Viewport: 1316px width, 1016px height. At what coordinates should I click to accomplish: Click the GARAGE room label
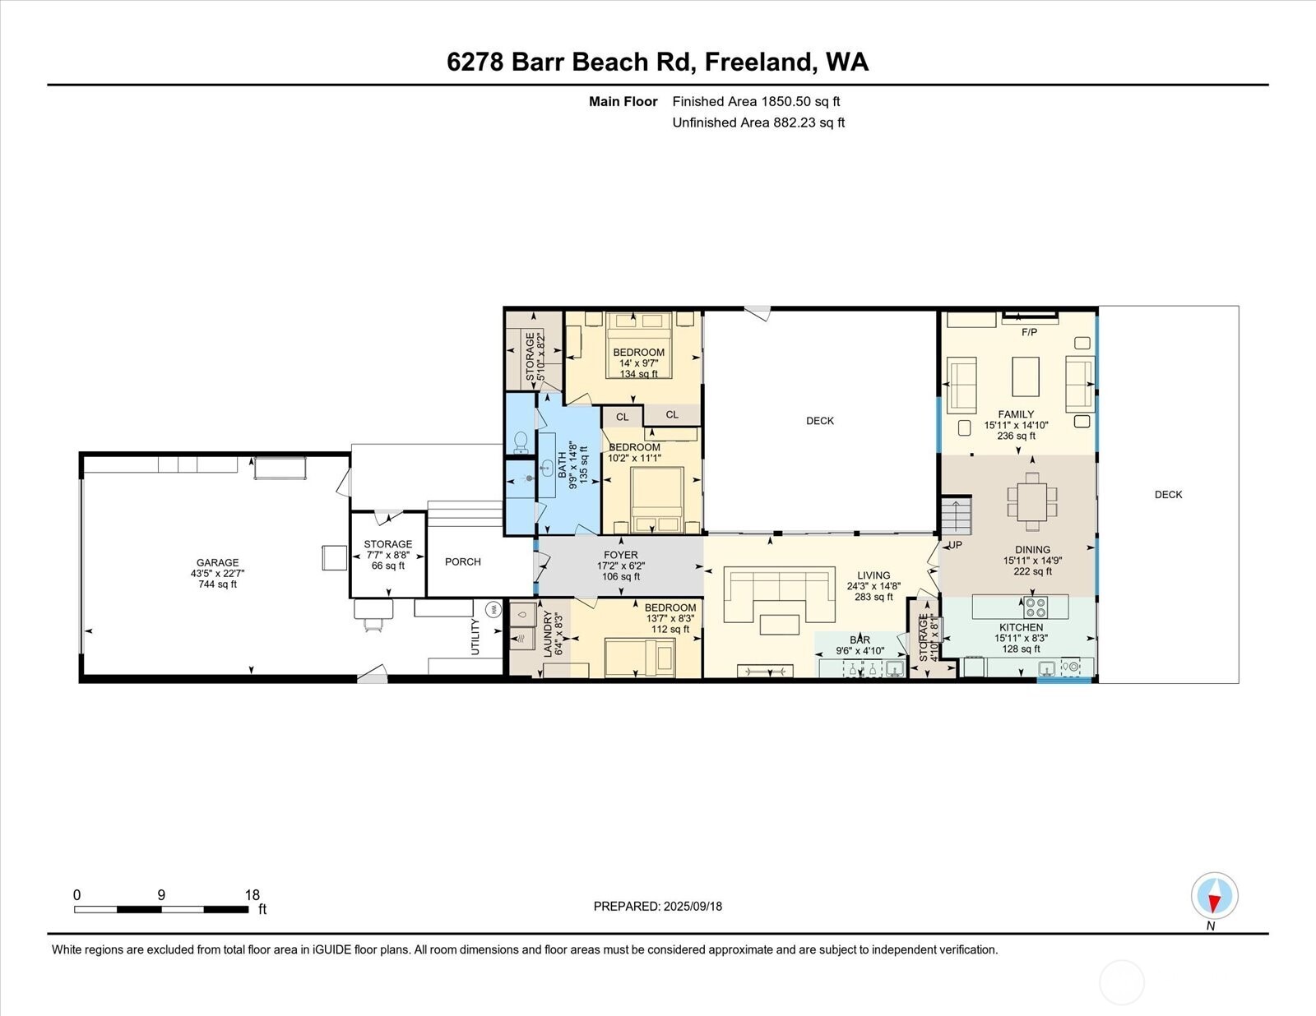(x=217, y=563)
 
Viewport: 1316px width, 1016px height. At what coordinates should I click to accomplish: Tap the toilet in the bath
(x=521, y=443)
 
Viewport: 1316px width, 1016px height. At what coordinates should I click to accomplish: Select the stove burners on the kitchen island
(x=1036, y=607)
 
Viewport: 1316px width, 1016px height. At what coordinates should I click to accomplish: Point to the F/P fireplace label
(x=1029, y=332)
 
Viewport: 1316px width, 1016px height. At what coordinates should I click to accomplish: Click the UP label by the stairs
(x=955, y=545)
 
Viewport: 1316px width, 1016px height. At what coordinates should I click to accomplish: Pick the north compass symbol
(x=1214, y=896)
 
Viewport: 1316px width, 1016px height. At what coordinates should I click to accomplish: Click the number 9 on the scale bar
(x=161, y=895)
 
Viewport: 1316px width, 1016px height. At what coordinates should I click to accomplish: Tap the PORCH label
(x=462, y=561)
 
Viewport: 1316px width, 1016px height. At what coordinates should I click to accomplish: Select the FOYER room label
(x=620, y=555)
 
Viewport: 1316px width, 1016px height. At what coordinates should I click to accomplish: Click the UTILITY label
(x=475, y=637)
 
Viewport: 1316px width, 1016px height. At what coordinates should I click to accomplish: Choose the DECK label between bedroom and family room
(x=819, y=421)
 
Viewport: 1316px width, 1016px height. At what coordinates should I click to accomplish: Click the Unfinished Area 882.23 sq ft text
(x=758, y=122)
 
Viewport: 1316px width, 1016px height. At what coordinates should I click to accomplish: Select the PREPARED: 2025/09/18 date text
(x=657, y=906)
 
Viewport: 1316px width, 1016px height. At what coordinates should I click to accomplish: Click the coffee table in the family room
(x=1026, y=376)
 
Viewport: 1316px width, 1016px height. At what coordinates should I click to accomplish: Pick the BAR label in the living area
(x=860, y=640)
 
